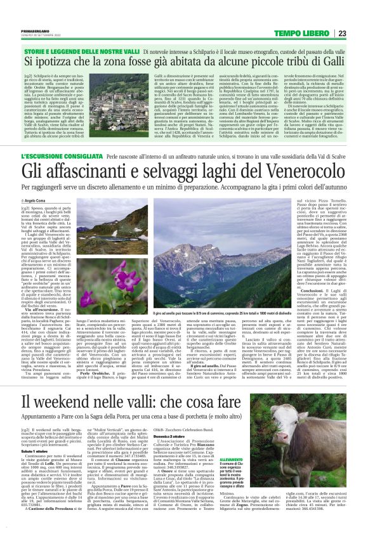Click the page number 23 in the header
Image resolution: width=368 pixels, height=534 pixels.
342,34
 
